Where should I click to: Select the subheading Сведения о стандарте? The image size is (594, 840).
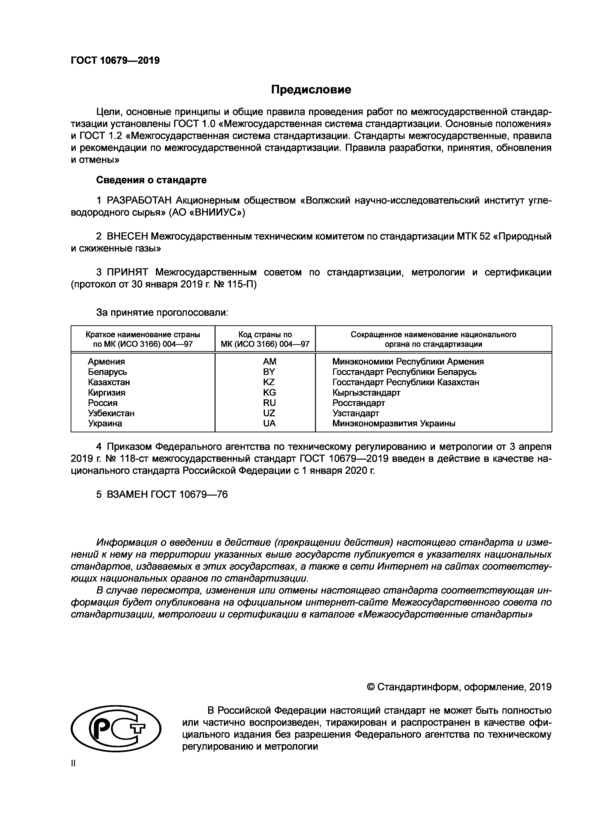151,180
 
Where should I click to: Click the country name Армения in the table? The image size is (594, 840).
106,361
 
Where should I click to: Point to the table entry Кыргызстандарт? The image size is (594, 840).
366,393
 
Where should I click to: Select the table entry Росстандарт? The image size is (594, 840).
359,403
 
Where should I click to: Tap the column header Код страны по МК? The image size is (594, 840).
265,339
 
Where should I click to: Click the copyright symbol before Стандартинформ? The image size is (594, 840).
371,687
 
